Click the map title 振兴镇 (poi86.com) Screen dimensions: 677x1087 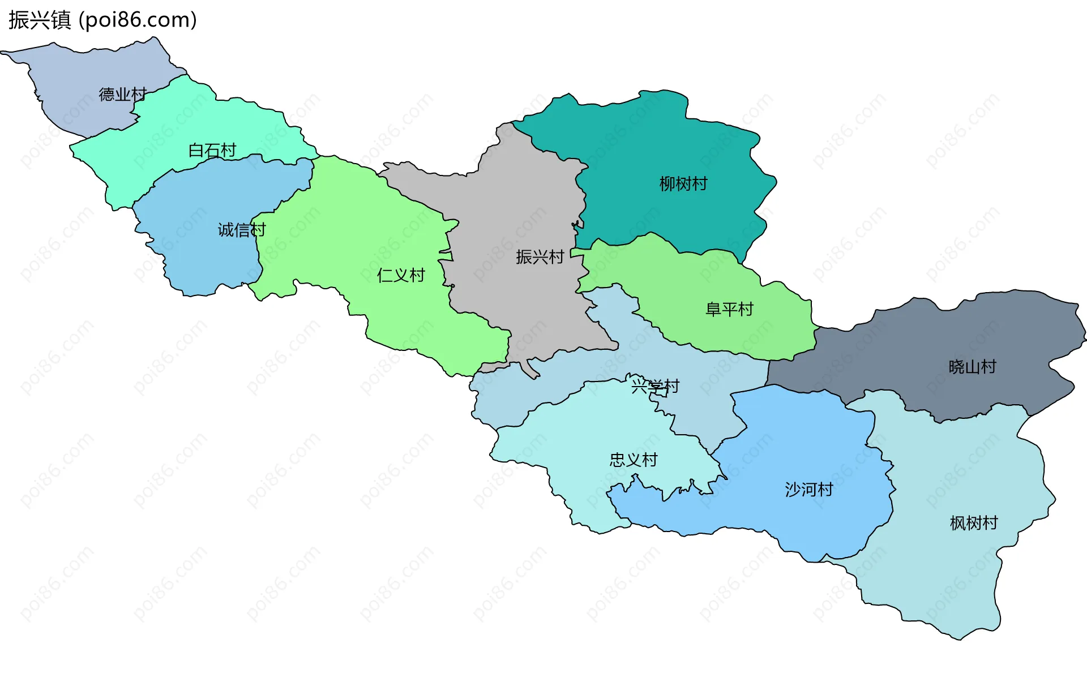tap(102, 20)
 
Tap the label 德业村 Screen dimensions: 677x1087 tap(123, 94)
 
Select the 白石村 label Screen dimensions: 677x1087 tap(212, 151)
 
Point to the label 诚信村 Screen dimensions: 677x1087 tap(242, 230)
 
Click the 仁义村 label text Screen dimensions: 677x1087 tap(401, 276)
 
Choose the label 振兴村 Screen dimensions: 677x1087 tap(540, 257)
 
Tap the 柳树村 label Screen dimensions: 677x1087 tap(683, 184)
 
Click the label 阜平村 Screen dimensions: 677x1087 tap(729, 309)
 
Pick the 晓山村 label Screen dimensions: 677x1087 tap(972, 367)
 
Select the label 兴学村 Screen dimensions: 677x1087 tap(655, 387)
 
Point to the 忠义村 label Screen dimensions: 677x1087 tap(634, 460)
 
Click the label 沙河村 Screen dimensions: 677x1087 tap(809, 489)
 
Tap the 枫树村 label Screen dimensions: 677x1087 tap(974, 522)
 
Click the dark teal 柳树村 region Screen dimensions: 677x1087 tap(651, 142)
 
